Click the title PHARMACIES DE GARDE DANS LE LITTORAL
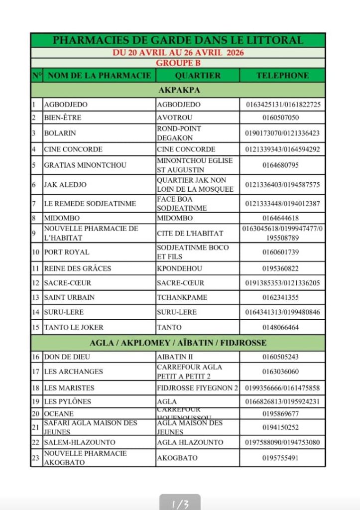point(178,40)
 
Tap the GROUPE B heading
point(178,63)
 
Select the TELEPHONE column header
point(282,76)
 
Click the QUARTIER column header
point(198,76)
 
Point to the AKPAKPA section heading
point(178,90)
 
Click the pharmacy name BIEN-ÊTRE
point(62,118)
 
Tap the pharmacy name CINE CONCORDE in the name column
point(73,149)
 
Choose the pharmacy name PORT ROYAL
point(66,252)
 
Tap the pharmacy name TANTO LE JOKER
point(74,327)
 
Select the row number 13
point(35,297)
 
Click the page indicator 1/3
point(180,504)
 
